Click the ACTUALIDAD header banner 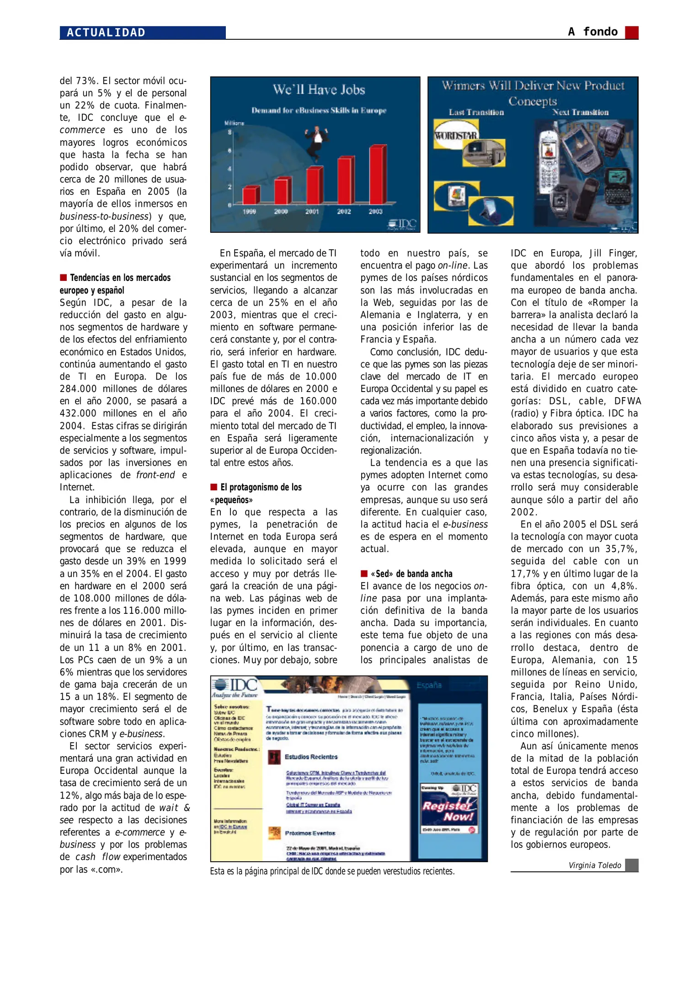(x=142, y=32)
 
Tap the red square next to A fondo (x=631, y=32)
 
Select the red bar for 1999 (x=251, y=195)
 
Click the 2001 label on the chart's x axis (x=312, y=211)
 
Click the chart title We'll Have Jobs (x=319, y=90)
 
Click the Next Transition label (x=580, y=113)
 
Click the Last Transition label (x=476, y=113)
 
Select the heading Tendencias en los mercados (x=120, y=278)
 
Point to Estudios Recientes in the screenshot (x=310, y=757)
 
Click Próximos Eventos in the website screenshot (x=310, y=833)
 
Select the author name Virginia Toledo (x=594, y=865)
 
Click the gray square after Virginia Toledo (x=631, y=865)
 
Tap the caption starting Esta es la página (x=332, y=871)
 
